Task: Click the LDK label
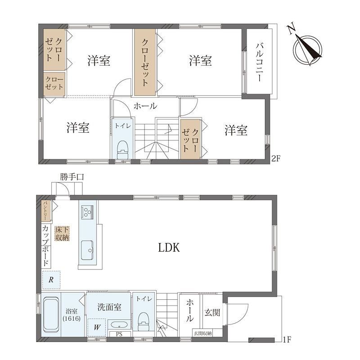pos(169,247)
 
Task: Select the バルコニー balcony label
pos(259,62)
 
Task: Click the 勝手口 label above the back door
pos(72,177)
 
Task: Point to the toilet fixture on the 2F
pos(122,149)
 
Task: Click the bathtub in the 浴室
pos(51,315)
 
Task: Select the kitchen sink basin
pos(87,250)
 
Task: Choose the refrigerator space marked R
pos(51,279)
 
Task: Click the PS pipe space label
pos(119,334)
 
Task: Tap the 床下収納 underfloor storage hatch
pos(62,234)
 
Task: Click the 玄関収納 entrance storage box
pos(203,333)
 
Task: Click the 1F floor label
pos(286,340)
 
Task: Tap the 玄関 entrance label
pos(212,312)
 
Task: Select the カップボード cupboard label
pos(46,246)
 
